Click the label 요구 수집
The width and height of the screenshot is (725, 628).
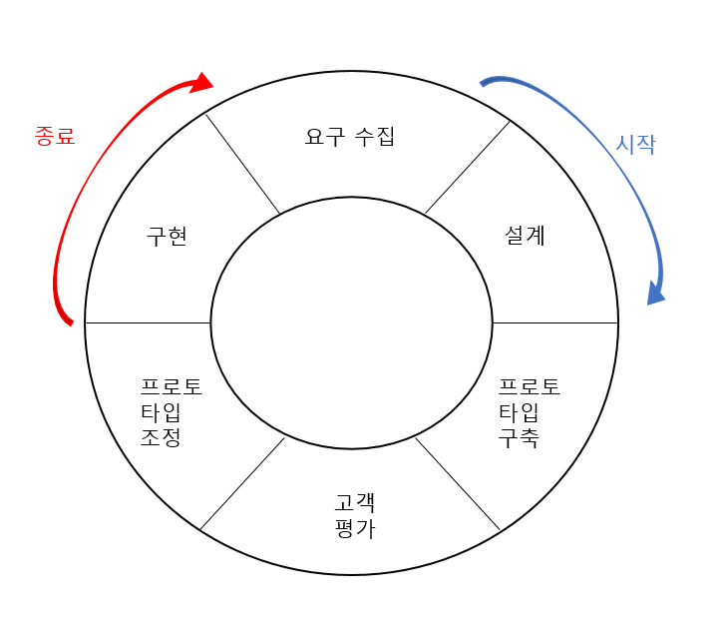pos(350,137)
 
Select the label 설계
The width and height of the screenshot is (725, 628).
pos(526,237)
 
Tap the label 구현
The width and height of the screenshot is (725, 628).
pos(167,237)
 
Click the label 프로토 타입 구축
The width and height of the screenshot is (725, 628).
pos(529,412)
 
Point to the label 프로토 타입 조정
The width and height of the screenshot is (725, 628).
pos(171,412)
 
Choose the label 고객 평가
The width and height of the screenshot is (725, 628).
pos(355,515)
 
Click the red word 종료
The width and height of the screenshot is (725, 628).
pos(55,137)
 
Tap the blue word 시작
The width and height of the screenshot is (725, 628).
pos(635,144)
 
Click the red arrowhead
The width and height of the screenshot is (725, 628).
pos(203,82)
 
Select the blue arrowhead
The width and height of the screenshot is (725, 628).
pos(655,293)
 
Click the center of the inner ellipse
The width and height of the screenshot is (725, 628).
pos(351,323)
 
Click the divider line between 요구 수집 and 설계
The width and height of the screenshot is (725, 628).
pos(468,167)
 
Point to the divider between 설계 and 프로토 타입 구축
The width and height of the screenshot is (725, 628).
pos(555,322)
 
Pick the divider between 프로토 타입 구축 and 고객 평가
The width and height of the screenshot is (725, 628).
pos(457,483)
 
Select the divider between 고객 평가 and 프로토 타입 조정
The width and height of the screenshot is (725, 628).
pos(242,483)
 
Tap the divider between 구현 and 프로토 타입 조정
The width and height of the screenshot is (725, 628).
pos(148,322)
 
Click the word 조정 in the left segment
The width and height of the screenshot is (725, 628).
pos(161,437)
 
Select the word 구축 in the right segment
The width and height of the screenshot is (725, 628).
pos(519,437)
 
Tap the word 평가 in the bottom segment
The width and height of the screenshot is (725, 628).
pos(355,528)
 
